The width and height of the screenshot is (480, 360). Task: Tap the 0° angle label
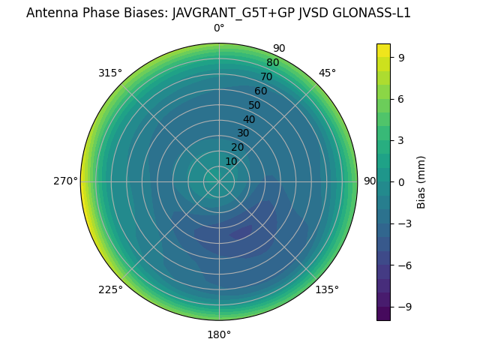tap(219, 28)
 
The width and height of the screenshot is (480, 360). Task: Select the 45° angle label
tap(327, 73)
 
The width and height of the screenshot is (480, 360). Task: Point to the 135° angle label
tap(327, 289)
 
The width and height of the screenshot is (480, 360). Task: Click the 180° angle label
tap(219, 334)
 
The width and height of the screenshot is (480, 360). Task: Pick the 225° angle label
tap(110, 289)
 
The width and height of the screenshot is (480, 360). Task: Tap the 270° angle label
tap(65, 181)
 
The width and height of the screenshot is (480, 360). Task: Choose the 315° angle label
tap(110, 73)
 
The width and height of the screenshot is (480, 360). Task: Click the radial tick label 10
tap(231, 161)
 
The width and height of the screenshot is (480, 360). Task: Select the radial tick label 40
tap(249, 119)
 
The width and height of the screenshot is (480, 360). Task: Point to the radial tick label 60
tap(260, 91)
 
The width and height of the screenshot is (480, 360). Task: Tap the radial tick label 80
tap(272, 63)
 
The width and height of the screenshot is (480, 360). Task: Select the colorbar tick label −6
tap(404, 265)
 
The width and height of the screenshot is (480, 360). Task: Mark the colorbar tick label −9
tap(404, 307)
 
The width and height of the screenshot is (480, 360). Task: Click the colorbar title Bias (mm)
tap(421, 181)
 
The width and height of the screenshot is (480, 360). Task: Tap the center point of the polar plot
tap(219, 181)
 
